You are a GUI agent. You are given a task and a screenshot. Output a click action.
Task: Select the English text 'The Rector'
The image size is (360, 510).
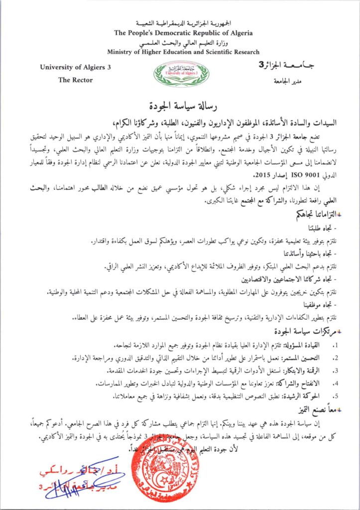(x=75, y=80)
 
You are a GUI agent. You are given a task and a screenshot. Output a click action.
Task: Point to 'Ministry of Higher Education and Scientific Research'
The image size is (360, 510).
(x=183, y=52)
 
